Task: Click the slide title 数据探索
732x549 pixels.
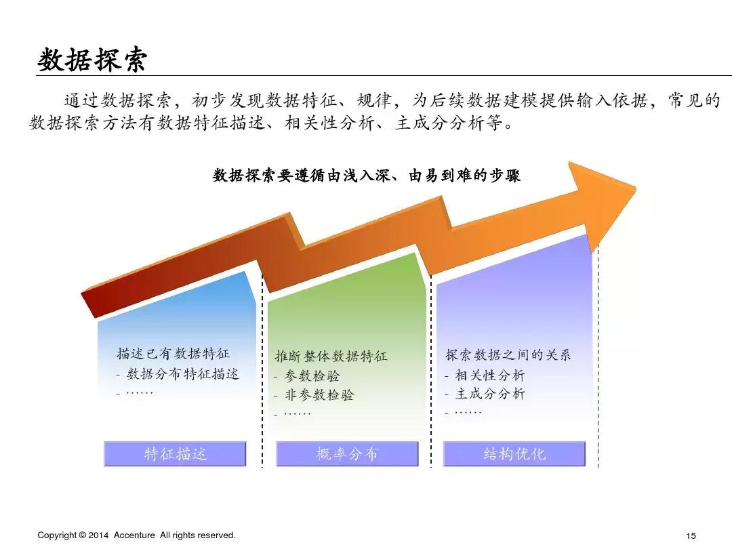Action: [x=91, y=60]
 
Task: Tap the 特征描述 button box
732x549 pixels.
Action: [x=175, y=454]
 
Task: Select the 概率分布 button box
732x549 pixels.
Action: [x=347, y=454]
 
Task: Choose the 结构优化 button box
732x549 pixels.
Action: [x=514, y=454]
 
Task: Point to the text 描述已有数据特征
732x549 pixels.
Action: [x=173, y=353]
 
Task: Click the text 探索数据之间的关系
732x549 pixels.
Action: [x=508, y=354]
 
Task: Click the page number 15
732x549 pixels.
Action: [x=691, y=535]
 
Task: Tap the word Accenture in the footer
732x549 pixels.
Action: [x=135, y=535]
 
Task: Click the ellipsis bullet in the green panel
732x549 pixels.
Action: [x=297, y=413]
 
